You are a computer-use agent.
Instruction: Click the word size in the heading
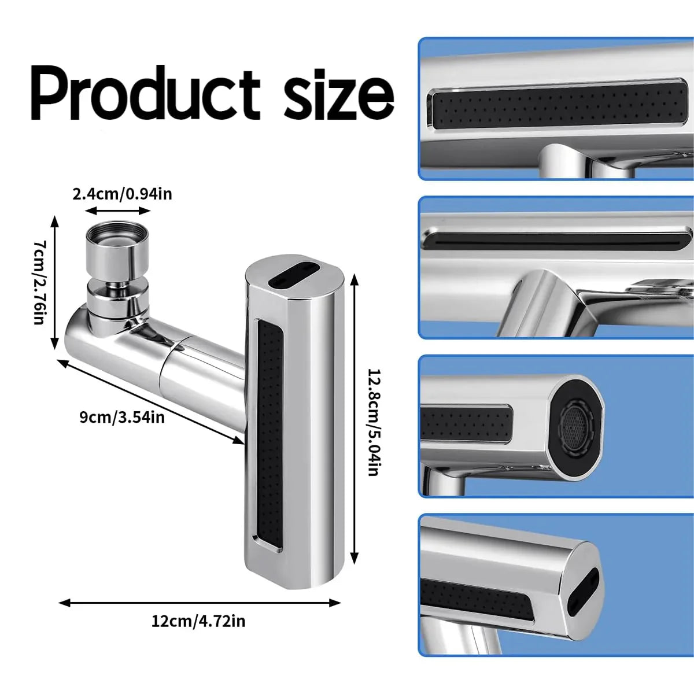(340, 94)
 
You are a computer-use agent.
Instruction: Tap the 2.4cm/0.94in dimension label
(122, 194)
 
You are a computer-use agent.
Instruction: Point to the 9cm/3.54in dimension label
(122, 416)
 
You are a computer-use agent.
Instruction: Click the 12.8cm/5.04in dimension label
(373, 422)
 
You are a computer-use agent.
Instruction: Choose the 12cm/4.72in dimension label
(198, 621)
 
